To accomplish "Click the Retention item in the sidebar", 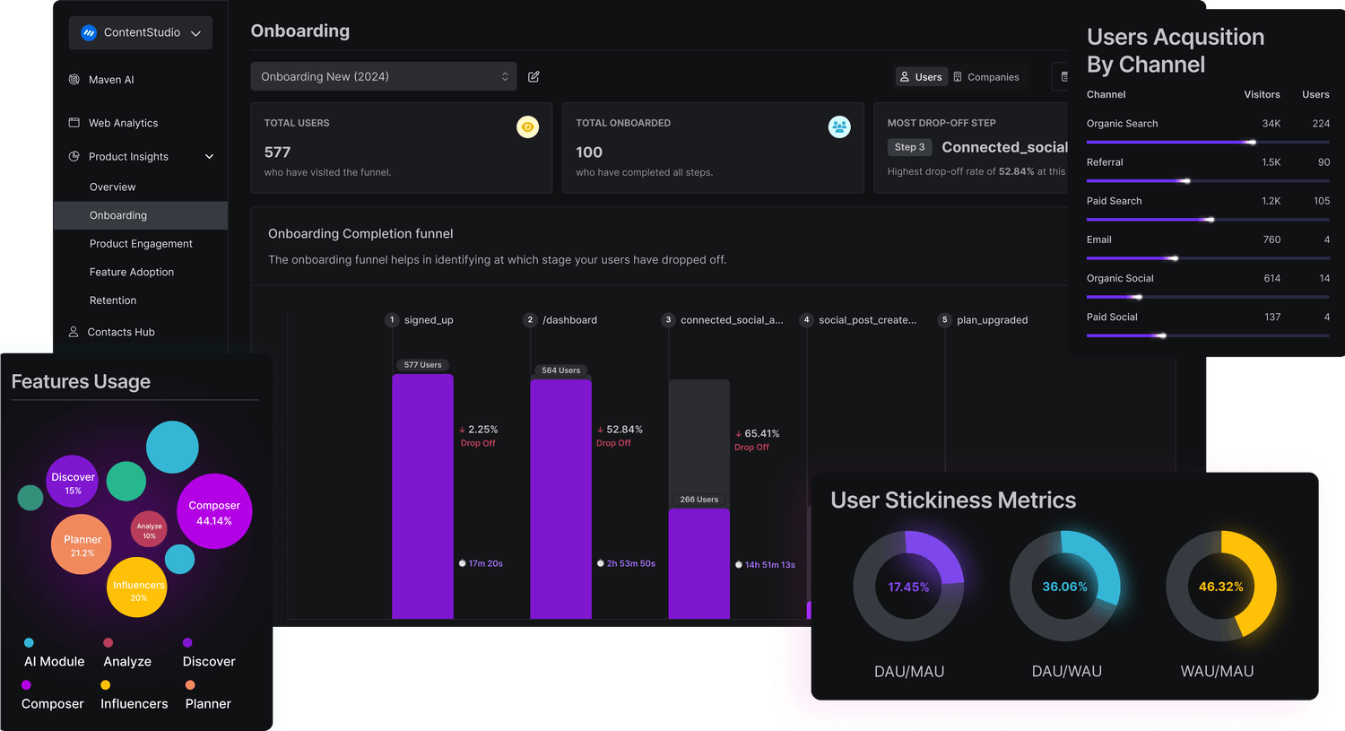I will (113, 300).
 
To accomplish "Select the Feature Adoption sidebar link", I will (132, 272).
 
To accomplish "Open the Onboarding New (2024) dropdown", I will (383, 76).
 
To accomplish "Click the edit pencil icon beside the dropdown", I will (534, 77).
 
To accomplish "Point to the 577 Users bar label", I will (422, 365).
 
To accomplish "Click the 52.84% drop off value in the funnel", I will (624, 430).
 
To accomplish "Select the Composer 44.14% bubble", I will (214, 512).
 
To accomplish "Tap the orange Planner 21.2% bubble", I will (82, 544).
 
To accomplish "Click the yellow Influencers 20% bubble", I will (138, 589).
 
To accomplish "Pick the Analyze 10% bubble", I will (149, 530).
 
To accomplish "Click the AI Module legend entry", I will (54, 661).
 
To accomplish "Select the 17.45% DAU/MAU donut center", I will (908, 587).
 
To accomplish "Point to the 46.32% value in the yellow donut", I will (1220, 587).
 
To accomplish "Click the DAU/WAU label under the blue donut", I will (1066, 671).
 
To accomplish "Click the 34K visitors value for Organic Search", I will (1271, 124).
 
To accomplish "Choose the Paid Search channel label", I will (1114, 201).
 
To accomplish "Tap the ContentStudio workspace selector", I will (141, 32).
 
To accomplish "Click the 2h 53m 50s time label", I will (630, 563).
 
